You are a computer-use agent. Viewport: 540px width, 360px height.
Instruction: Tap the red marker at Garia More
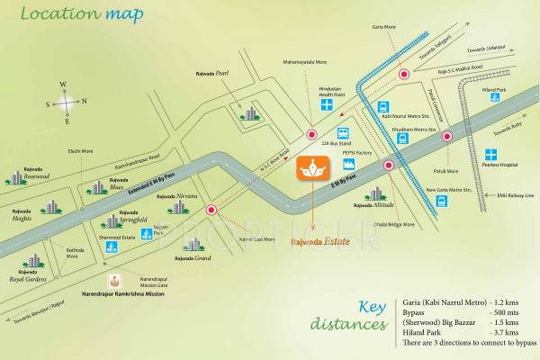(x=404, y=76)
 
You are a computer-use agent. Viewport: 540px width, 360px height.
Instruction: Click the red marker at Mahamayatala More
(x=313, y=128)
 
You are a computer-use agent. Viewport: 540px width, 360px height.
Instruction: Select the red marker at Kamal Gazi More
(x=212, y=211)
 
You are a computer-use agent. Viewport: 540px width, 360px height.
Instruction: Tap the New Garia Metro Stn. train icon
(x=441, y=201)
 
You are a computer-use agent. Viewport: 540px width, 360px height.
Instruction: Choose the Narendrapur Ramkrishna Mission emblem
(x=114, y=281)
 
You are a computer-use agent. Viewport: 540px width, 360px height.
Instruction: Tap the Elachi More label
(x=82, y=151)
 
